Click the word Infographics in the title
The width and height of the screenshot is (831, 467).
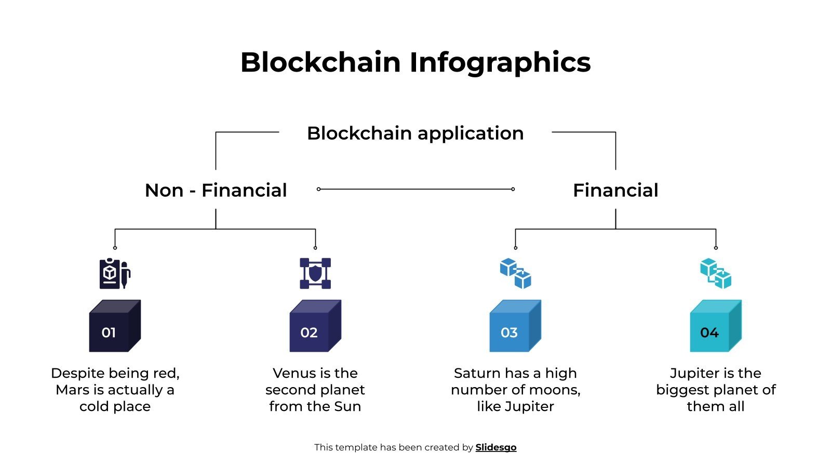tap(500, 62)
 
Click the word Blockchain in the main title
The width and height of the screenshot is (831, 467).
tap(320, 62)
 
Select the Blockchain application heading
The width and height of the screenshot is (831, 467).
tap(415, 133)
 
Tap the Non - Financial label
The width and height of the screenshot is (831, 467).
tap(216, 190)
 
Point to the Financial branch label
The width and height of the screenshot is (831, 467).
tap(615, 190)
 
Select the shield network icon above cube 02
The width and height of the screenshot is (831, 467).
tap(315, 273)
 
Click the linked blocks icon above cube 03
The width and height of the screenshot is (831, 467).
tap(515, 273)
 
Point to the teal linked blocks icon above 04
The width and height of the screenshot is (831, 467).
tap(716, 273)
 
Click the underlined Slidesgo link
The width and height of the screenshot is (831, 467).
tap(496, 447)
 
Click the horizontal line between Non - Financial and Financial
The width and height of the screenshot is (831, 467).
tap(415, 189)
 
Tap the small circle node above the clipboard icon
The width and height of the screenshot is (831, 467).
tap(115, 248)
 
